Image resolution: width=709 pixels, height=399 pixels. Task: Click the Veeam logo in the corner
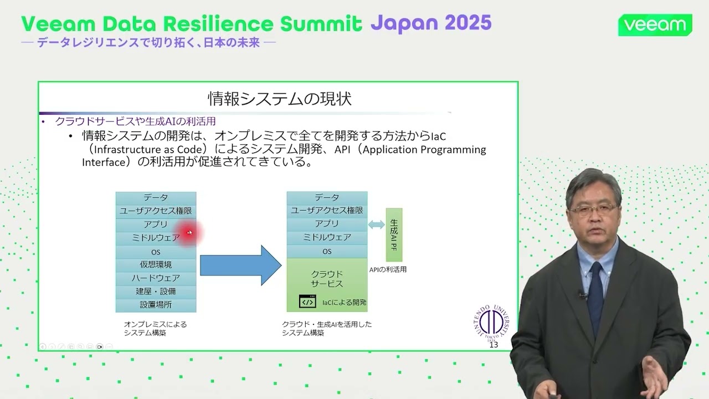click(x=655, y=25)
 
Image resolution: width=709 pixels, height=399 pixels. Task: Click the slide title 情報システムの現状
click(x=279, y=99)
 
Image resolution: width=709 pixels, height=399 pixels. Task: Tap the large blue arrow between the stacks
click(x=240, y=265)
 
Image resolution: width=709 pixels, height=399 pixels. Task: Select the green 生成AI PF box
click(x=394, y=234)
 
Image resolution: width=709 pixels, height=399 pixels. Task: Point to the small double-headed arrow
click(x=376, y=224)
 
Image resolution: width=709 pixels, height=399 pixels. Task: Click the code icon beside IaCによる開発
click(x=307, y=301)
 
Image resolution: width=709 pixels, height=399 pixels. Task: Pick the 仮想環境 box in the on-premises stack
click(x=156, y=264)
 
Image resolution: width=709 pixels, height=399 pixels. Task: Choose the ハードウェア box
click(x=156, y=278)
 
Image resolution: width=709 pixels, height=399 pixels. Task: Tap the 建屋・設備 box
click(x=156, y=291)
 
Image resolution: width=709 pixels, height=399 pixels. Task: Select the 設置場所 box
click(x=156, y=305)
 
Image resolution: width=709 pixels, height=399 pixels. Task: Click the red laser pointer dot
click(x=189, y=233)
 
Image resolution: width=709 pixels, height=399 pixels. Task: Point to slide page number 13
click(x=494, y=345)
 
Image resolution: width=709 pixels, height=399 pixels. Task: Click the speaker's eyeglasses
click(x=593, y=209)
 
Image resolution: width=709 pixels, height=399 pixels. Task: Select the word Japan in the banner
click(x=401, y=23)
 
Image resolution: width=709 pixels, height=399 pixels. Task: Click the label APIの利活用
click(x=388, y=270)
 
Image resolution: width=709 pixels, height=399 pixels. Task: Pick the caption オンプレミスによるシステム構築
click(x=155, y=329)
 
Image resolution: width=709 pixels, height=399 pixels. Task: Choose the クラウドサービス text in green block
click(x=327, y=279)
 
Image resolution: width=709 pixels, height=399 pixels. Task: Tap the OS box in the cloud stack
click(x=327, y=252)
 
